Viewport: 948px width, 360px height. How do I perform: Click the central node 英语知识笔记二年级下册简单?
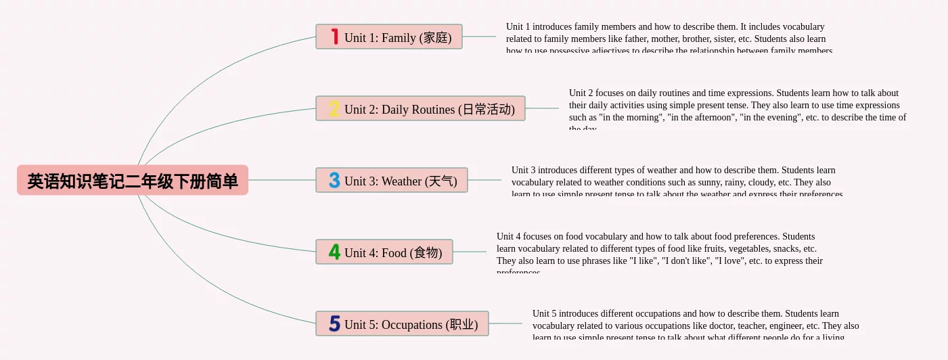[133, 181]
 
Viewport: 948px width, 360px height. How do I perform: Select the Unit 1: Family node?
[389, 37]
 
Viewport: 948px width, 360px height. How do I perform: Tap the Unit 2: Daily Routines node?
[420, 109]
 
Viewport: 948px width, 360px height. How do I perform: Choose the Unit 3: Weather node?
[392, 181]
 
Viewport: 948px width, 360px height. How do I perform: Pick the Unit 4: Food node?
[384, 252]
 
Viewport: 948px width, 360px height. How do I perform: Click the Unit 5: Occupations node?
[402, 324]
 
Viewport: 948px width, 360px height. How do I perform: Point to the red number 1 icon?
[334, 37]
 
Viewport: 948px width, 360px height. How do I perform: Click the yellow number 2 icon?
[334, 108]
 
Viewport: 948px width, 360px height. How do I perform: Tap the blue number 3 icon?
[334, 180]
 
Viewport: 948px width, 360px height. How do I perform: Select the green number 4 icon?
[334, 252]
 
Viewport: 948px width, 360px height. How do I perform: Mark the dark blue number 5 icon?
[334, 323]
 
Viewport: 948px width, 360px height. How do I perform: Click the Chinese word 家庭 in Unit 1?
[436, 38]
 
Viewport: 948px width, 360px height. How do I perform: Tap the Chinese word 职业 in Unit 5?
[463, 325]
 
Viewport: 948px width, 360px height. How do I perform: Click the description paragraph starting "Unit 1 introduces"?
[669, 39]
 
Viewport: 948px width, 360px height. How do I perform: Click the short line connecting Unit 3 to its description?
[484, 180]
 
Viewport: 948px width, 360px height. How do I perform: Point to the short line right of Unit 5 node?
[505, 323]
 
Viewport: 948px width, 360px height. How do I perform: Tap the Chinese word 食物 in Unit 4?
[427, 253]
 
